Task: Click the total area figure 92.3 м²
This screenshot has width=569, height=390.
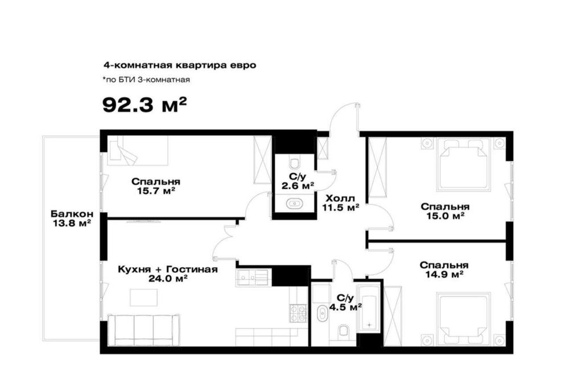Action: pyautogui.click(x=145, y=106)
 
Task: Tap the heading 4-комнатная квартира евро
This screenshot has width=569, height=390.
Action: pyautogui.click(x=180, y=65)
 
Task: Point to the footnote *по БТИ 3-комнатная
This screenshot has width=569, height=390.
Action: pyautogui.click(x=146, y=80)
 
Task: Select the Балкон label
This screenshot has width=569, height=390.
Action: pyautogui.click(x=72, y=214)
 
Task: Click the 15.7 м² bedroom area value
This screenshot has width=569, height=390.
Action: pyautogui.click(x=156, y=190)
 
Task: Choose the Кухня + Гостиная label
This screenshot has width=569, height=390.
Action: pyautogui.click(x=168, y=269)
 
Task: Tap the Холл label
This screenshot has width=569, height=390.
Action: pyautogui.click(x=340, y=198)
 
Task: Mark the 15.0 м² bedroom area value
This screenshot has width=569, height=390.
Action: pyautogui.click(x=446, y=216)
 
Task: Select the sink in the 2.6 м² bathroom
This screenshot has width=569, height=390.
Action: pyautogui.click(x=294, y=204)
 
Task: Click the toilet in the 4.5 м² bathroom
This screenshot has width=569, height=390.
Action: pyautogui.click(x=343, y=331)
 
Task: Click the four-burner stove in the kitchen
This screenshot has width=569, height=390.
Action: pyautogui.click(x=298, y=313)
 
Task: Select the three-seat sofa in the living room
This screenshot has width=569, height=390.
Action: pyautogui.click(x=144, y=330)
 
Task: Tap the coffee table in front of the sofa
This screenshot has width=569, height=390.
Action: pyautogui.click(x=145, y=298)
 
